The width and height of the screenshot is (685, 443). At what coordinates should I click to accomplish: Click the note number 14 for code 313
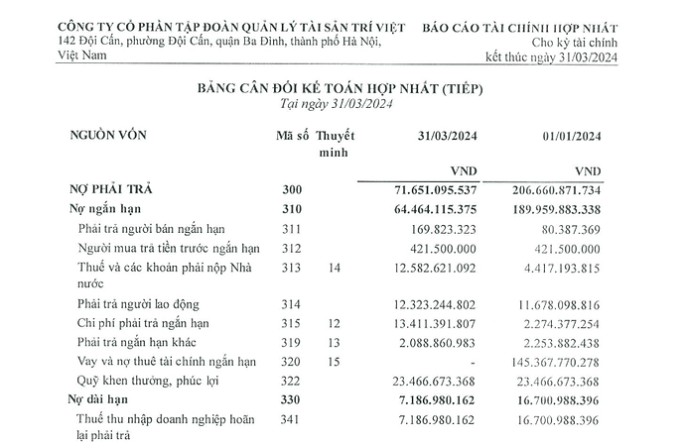click(334, 269)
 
